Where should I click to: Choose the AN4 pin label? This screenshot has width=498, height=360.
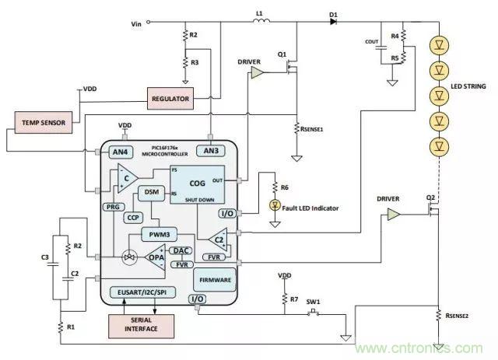click(x=120, y=150)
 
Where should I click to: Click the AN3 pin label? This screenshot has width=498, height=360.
click(x=212, y=150)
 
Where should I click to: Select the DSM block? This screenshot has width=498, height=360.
click(x=151, y=192)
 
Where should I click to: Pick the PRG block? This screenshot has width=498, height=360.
click(x=110, y=207)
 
